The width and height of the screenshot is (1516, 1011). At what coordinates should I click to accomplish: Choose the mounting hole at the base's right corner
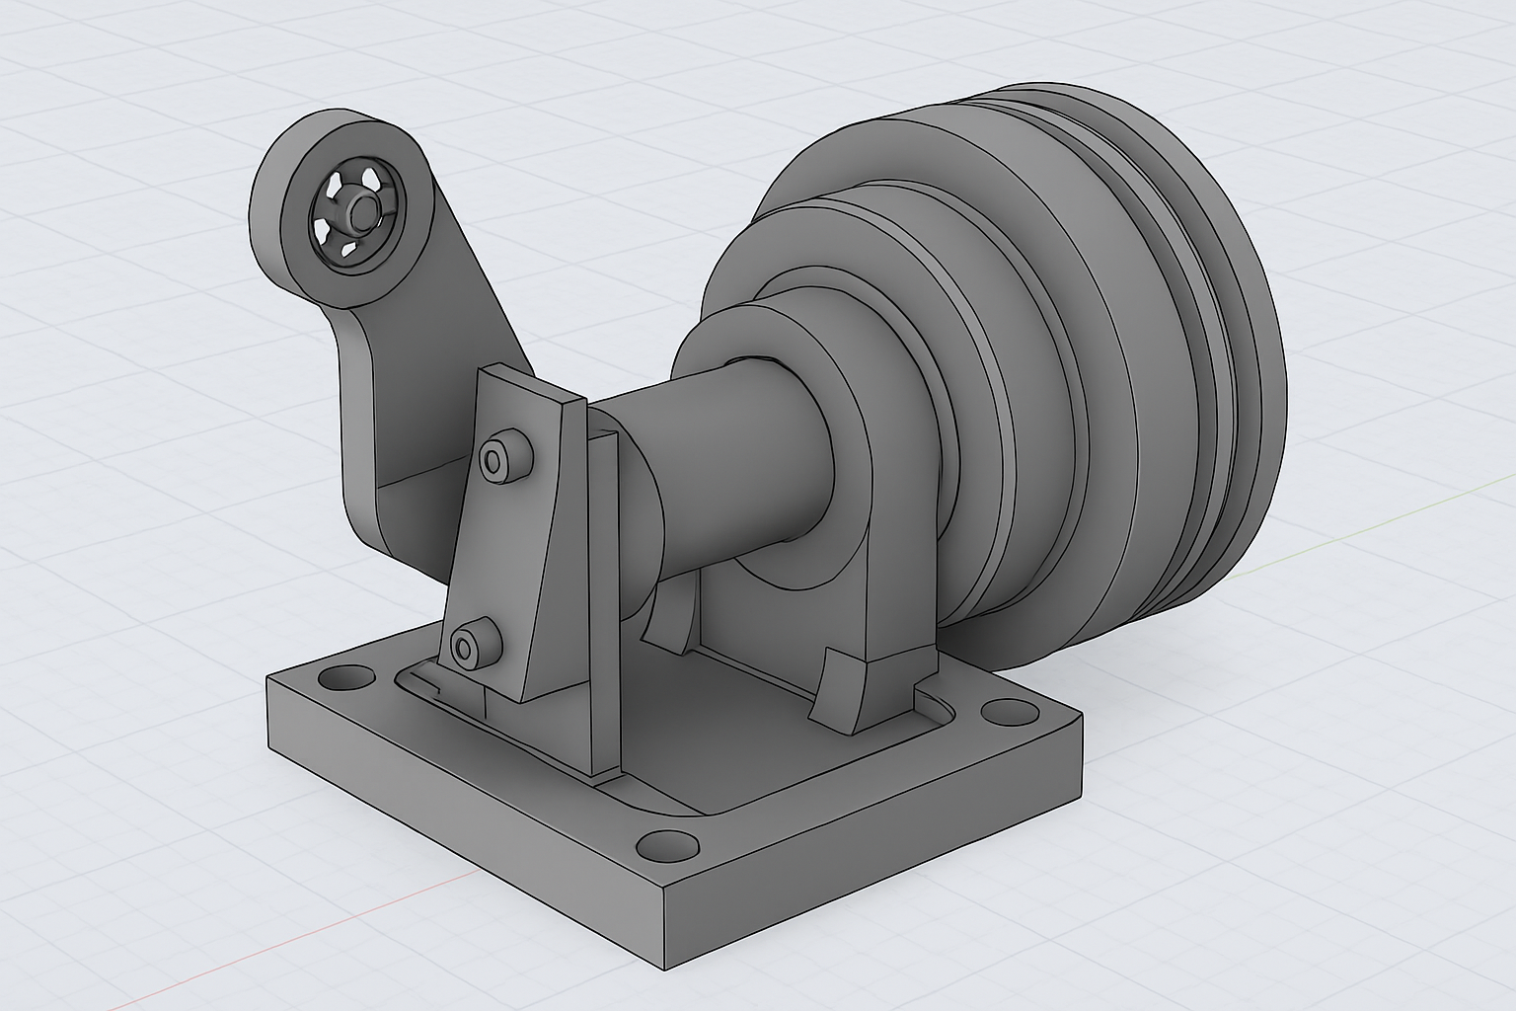[1007, 710]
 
